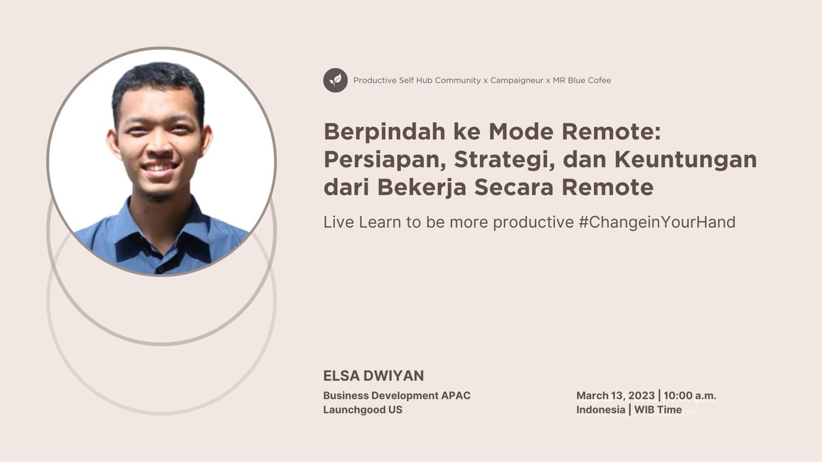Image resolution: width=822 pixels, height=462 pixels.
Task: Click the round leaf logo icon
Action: (x=336, y=80)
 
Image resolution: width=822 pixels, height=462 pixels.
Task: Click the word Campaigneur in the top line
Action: (x=516, y=80)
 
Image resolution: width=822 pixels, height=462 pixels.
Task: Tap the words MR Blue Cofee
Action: (x=582, y=80)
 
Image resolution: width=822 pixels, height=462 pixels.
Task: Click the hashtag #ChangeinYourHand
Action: (x=657, y=222)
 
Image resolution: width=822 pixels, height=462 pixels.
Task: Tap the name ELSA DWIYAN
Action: (x=373, y=376)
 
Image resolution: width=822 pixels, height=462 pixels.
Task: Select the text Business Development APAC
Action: (x=397, y=396)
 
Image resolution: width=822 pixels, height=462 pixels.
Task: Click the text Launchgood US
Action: (x=362, y=410)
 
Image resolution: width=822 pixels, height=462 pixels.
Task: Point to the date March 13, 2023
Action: (x=615, y=396)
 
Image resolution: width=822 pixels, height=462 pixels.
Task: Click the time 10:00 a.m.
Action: (x=690, y=396)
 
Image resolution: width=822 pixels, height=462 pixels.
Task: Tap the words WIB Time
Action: (x=658, y=410)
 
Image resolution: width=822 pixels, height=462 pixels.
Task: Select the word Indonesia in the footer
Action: (x=600, y=410)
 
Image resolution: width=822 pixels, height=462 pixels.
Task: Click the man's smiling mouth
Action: (x=160, y=166)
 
